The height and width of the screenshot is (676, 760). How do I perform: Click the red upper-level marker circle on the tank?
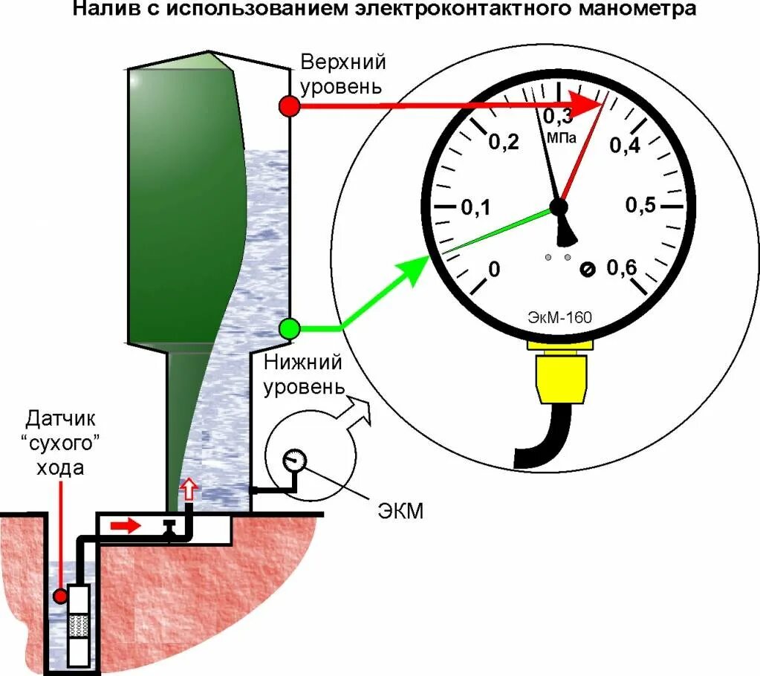tap(289, 106)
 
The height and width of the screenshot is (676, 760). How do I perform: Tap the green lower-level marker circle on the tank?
tap(289, 328)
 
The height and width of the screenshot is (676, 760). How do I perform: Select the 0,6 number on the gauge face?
tap(623, 268)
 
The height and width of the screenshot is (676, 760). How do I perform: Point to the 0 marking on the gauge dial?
tap(495, 269)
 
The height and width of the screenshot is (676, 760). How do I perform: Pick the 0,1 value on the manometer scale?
tap(475, 208)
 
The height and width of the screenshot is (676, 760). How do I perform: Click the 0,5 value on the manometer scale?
tap(640, 206)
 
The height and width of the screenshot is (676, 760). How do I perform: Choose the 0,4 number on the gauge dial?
tap(624, 146)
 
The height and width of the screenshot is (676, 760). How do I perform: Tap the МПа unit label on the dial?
tap(562, 137)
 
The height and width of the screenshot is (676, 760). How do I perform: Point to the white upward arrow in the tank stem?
tap(189, 489)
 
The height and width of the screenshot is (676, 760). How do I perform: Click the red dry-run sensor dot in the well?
tap(60, 596)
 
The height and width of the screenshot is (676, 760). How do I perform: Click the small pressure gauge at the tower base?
tap(294, 458)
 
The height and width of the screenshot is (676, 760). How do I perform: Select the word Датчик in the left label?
tap(63, 417)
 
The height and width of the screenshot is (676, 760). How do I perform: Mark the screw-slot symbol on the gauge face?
tap(587, 269)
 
